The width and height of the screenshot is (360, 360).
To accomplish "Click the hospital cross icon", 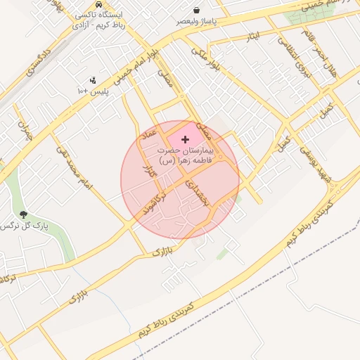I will pos(186,140).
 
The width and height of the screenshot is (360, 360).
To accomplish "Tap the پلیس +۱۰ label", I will pos(93,91).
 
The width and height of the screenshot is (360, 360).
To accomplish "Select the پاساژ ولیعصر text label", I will pos(195,21).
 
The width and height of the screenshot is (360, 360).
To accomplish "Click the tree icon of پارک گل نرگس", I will pos(24,214).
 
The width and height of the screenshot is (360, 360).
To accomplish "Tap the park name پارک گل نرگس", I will pos(19,226).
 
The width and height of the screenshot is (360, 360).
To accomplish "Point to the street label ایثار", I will pos(253,35).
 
